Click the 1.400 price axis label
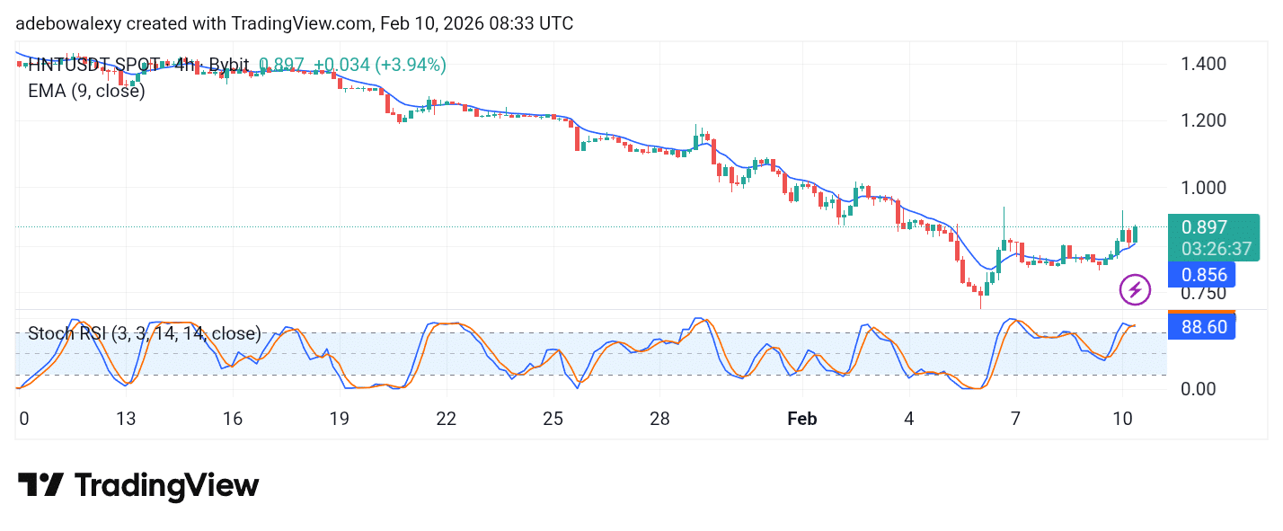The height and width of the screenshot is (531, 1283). (x=1205, y=64)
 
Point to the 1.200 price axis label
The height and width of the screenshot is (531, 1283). (x=1205, y=120)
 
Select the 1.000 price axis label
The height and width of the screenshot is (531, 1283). (x=1205, y=188)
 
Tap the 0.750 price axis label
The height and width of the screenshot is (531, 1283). (x=1205, y=293)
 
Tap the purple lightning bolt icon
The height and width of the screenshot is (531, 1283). (x=1136, y=290)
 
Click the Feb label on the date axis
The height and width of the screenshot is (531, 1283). (x=801, y=419)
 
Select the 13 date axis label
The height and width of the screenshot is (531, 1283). (x=126, y=419)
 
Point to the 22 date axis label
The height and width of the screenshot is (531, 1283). (x=446, y=419)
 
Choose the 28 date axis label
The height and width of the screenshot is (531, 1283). (x=659, y=419)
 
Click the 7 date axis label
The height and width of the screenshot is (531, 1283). (x=1016, y=419)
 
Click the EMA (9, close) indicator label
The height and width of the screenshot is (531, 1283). (x=86, y=91)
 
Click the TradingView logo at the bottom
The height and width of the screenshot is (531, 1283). (x=138, y=486)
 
